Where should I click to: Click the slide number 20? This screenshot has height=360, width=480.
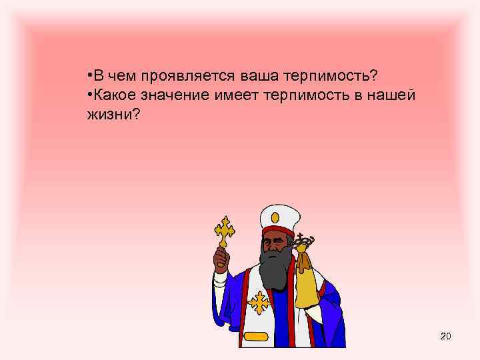(x=445, y=336)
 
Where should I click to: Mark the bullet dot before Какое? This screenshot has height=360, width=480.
(x=89, y=94)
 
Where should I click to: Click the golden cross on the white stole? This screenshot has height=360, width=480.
(x=259, y=304)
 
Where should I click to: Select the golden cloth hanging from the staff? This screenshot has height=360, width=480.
(x=305, y=280)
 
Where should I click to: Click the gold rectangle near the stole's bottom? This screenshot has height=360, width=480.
(x=259, y=337)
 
